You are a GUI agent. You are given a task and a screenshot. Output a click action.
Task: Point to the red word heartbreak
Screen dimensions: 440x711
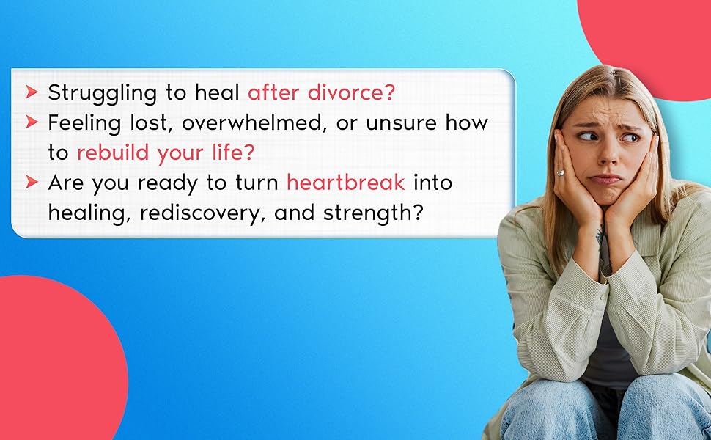(x=345, y=183)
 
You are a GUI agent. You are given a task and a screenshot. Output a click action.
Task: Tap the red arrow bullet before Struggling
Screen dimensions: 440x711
(x=32, y=92)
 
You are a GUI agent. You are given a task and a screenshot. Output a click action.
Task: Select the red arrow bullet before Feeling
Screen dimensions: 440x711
(x=32, y=122)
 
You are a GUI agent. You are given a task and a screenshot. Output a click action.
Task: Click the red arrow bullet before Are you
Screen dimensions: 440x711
(x=32, y=182)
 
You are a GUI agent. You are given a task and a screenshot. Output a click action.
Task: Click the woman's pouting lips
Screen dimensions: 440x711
(x=605, y=180)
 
